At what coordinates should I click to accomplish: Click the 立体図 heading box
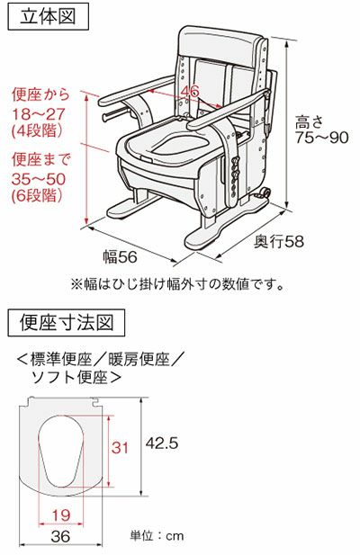48,16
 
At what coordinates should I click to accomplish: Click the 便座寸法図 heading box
67,322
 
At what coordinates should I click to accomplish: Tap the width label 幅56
120,256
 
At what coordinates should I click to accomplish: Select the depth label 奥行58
279,242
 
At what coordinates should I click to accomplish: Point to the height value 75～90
322,138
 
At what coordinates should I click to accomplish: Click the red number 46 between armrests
190,91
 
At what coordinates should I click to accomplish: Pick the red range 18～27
39,114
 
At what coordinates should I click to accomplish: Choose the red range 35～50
39,180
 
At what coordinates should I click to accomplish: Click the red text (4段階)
39,130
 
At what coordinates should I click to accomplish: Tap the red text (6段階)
39,195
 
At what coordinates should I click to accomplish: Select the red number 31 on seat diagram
120,447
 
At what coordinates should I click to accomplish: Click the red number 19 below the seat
61,515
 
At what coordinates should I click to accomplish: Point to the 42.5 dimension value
162,443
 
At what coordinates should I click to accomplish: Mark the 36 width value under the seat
60,536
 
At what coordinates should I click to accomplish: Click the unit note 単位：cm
157,536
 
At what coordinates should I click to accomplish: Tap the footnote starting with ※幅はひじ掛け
177,284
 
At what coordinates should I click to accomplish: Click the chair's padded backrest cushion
221,46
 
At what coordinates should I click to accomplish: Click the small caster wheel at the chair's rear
265,192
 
